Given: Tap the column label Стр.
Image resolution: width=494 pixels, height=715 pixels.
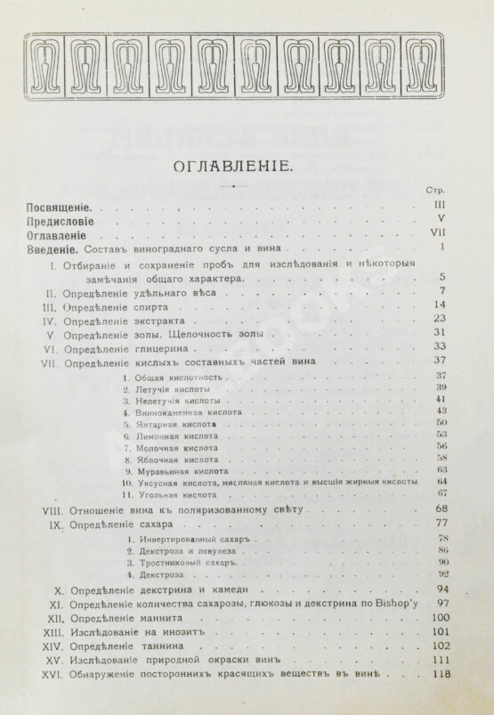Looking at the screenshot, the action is click(x=437, y=191).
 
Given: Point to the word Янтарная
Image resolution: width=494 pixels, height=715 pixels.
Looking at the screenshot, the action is click(x=152, y=427).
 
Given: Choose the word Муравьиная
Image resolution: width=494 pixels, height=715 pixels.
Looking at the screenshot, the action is click(x=156, y=469).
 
